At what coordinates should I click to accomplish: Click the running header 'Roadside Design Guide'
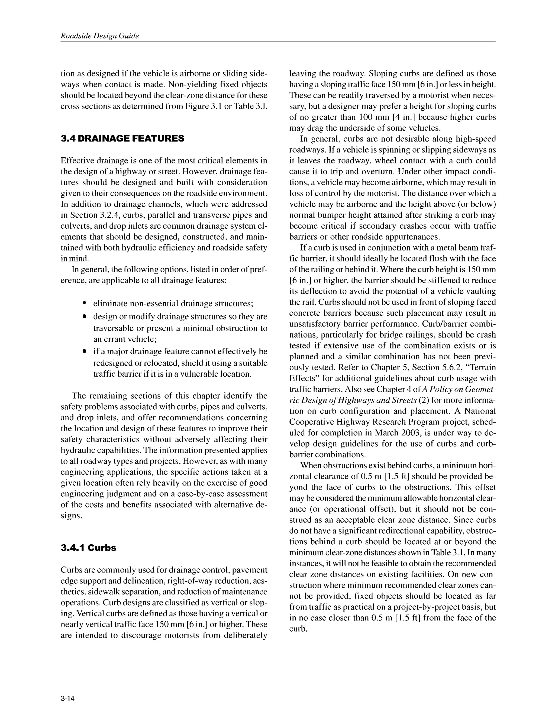coord(100,36)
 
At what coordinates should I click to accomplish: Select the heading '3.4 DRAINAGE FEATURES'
coord(122,138)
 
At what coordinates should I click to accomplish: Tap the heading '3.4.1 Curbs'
coord(88,548)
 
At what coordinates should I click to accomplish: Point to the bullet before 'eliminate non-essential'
coord(85,303)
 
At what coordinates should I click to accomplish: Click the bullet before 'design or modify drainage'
coord(85,316)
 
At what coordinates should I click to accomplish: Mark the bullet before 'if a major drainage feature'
coord(85,351)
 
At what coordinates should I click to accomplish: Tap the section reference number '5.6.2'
coord(457,367)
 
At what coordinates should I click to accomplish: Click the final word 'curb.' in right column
coord(298,629)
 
